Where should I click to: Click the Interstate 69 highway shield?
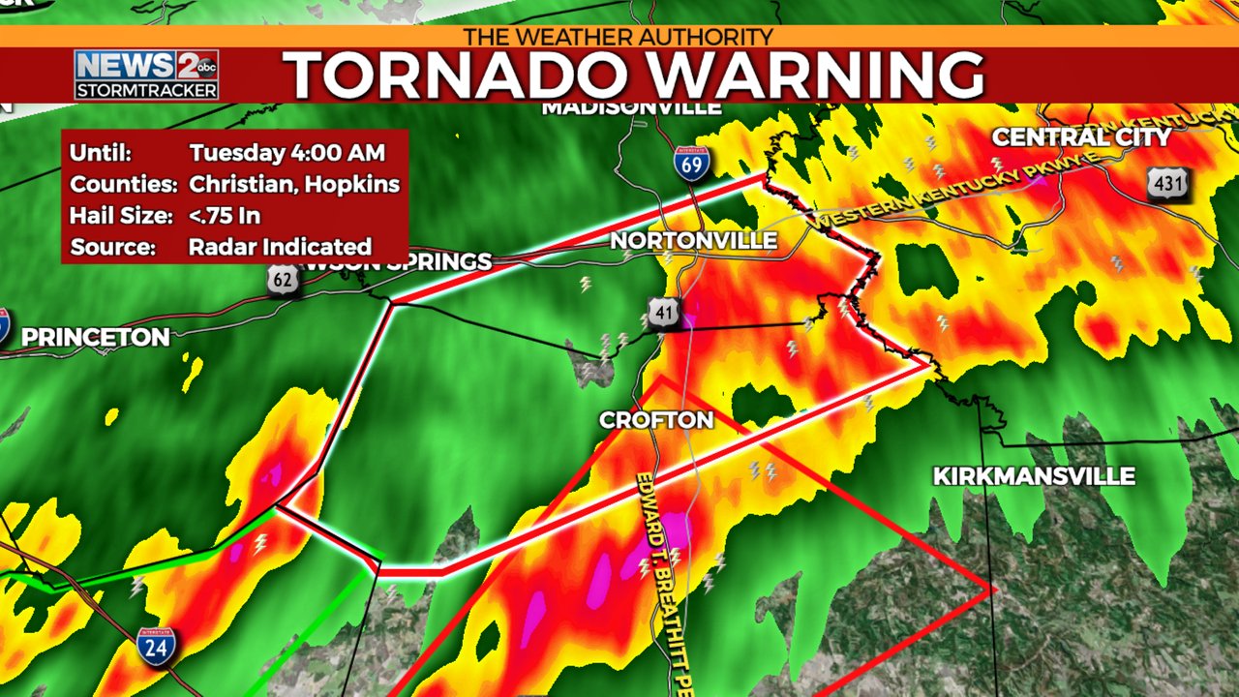click(691, 163)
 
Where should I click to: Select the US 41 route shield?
click(663, 314)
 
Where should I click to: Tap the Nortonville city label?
click(694, 240)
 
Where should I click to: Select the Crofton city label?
click(656, 420)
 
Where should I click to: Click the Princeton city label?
click(95, 338)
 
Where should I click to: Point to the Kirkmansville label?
click(1034, 476)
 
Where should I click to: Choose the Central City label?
click(1081, 137)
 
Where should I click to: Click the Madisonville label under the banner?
click(631, 107)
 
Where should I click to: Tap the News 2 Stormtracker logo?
click(146, 75)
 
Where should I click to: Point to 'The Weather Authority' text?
click(619, 37)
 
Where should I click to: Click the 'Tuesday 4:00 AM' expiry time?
click(287, 153)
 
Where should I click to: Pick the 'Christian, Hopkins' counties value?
click(294, 184)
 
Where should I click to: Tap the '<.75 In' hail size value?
click(226, 215)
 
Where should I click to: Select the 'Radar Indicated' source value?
click(280, 246)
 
